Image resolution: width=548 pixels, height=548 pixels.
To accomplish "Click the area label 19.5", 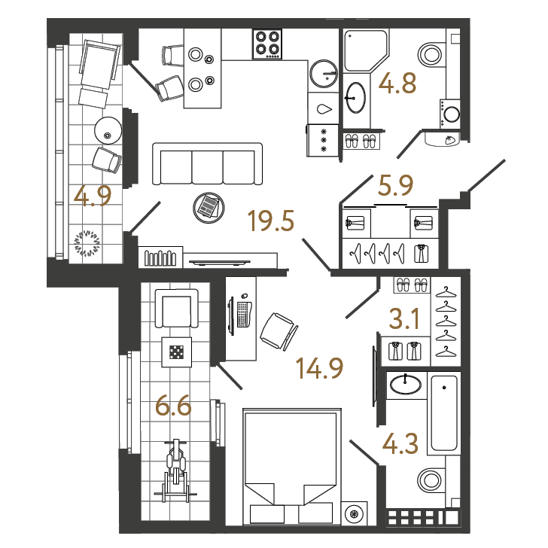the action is [271, 221].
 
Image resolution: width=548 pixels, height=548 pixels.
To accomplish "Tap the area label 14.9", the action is [319, 368].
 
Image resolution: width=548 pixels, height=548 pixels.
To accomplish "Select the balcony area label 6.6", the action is [173, 406].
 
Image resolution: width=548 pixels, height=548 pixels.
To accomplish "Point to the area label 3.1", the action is [404, 318].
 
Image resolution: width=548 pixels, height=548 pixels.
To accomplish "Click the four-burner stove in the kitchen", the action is [267, 44].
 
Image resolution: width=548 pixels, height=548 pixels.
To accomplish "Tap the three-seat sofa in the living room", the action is [207, 163].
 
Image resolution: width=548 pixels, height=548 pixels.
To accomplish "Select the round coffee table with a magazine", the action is [209, 208].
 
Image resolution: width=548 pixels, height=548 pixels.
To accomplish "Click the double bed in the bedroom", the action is [292, 466].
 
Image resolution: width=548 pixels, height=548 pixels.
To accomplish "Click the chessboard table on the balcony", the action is [176, 352].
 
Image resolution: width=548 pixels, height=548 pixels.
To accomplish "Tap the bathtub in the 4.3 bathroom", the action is [444, 413].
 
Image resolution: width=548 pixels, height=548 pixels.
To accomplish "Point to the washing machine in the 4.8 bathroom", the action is [450, 114].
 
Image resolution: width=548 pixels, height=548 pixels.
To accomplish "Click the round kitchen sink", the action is [324, 74].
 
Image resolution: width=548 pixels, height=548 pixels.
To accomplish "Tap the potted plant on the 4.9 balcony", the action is [87, 243].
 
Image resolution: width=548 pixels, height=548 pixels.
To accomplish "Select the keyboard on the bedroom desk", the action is [242, 314].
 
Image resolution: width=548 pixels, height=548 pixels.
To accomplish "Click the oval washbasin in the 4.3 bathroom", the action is [406, 384].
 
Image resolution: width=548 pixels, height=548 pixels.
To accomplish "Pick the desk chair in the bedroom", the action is [279, 331].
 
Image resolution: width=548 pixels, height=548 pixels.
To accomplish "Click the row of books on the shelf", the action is [160, 258].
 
